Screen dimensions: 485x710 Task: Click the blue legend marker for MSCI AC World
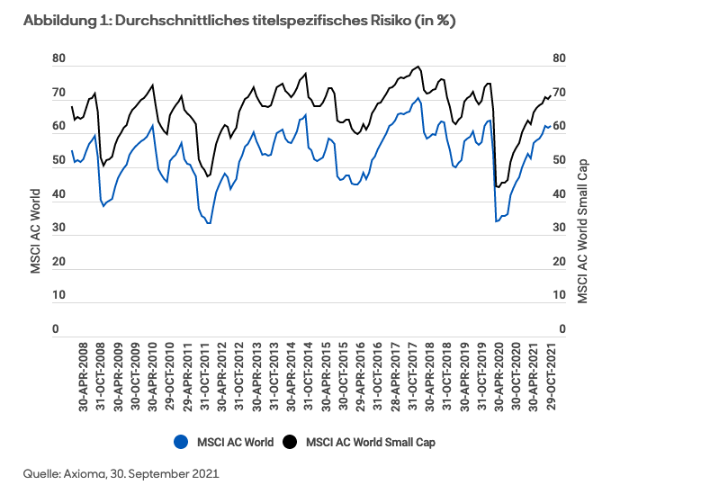coord(181,442)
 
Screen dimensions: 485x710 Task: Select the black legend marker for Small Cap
coord(291,442)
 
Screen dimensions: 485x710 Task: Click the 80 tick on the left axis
coord(59,59)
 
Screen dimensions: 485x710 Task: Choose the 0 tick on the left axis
coord(56,330)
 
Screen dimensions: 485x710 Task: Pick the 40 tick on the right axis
coord(557,195)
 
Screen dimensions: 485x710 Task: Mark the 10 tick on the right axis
coord(557,296)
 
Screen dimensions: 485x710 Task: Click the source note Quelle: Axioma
coord(121,472)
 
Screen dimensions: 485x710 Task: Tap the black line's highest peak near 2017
coord(418,67)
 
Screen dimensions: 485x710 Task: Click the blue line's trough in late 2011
coord(209,223)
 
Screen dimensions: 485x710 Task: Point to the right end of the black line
coord(551,95)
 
